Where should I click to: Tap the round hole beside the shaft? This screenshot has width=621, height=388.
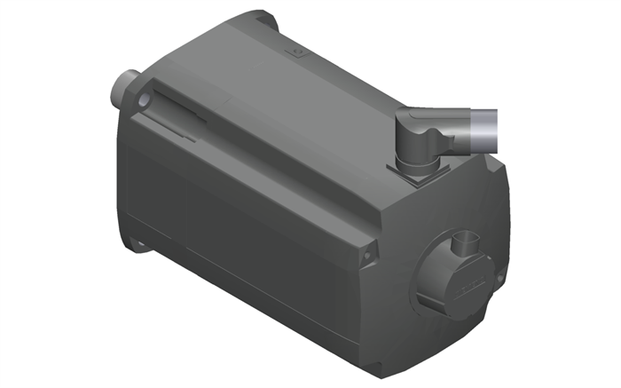[145, 103]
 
